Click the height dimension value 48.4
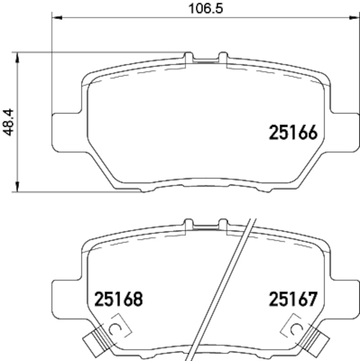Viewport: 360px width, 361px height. click(8, 122)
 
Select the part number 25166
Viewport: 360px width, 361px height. click(294, 132)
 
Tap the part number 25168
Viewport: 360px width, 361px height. click(118, 298)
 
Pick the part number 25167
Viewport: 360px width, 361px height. click(294, 298)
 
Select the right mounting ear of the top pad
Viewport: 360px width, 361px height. click(341, 131)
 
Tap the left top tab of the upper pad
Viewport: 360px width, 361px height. click(189, 56)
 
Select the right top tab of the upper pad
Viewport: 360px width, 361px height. click(222, 56)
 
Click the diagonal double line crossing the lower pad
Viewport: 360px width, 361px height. click(225, 289)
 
